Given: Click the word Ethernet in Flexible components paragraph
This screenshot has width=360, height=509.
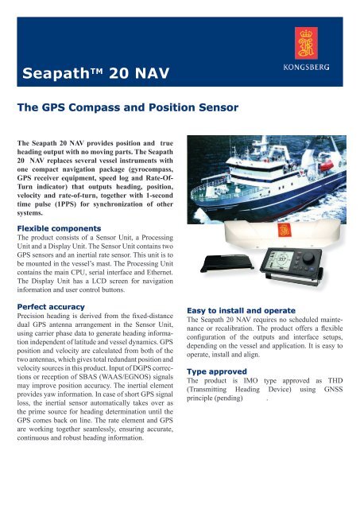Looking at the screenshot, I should tap(150, 270).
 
